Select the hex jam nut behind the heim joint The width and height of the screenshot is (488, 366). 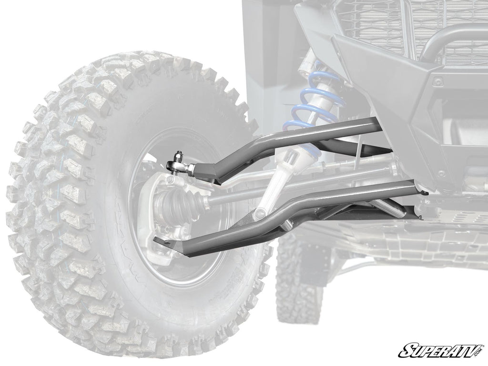point(191,168)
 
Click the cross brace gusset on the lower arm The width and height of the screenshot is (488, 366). point(343,210)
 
